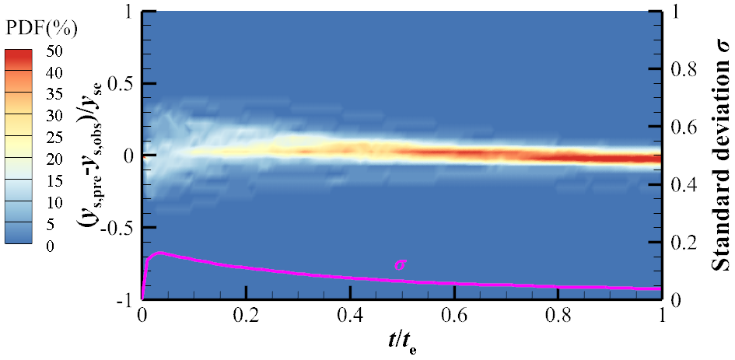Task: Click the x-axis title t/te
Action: pyautogui.click(x=401, y=341)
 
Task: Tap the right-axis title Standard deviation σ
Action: pyautogui.click(x=723, y=156)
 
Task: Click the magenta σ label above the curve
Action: pyautogui.click(x=400, y=265)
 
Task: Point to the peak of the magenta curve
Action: pyautogui.click(x=160, y=253)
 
